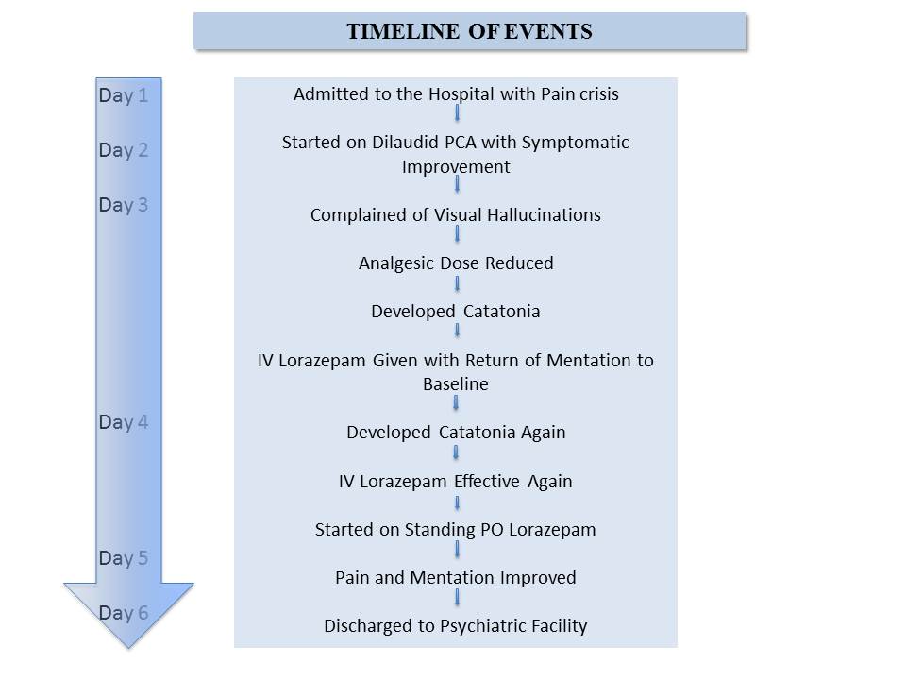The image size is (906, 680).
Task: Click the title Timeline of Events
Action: (469, 31)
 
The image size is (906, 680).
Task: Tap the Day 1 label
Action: (123, 95)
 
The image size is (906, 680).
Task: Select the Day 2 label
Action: (123, 150)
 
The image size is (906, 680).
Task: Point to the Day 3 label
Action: (123, 205)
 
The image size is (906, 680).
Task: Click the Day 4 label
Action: (123, 422)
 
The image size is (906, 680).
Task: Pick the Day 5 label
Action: (123, 558)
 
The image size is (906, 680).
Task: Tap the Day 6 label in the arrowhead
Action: (123, 613)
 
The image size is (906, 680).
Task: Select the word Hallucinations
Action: (544, 215)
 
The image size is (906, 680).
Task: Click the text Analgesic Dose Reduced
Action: (456, 263)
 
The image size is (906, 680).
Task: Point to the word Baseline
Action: (455, 384)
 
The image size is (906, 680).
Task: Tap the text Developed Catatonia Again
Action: (456, 433)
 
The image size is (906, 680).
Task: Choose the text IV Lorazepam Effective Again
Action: (455, 482)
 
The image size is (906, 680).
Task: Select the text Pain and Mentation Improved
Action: (455, 578)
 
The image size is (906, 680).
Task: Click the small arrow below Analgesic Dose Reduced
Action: (457, 284)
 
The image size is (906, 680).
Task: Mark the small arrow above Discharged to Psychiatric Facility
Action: (457, 598)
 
